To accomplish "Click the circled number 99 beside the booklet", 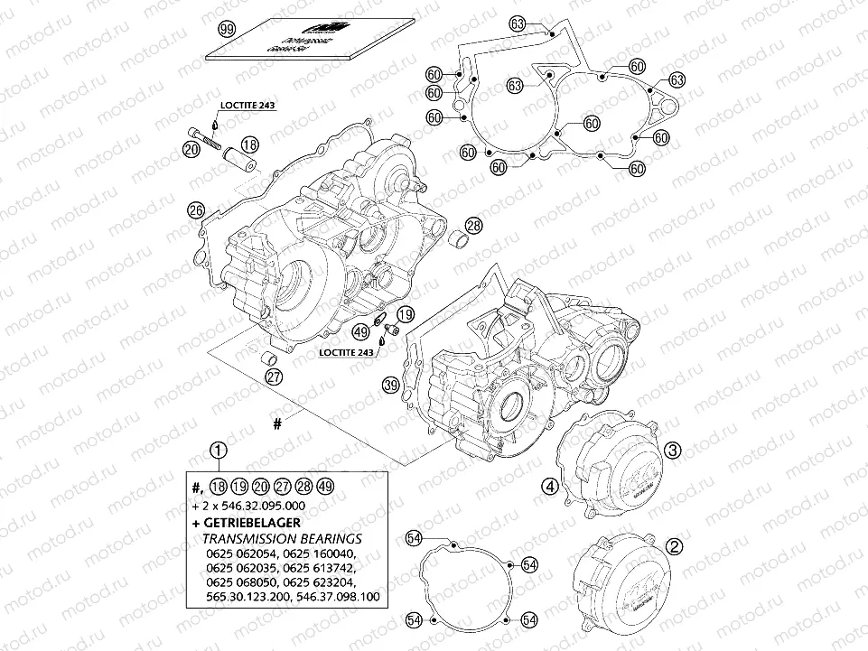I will pos(228,29).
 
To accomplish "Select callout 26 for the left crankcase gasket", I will pos(195,210).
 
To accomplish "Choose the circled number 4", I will pos(548,487).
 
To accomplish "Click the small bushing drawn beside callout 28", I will pos(462,241).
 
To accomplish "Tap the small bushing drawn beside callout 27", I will pos(267,361).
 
